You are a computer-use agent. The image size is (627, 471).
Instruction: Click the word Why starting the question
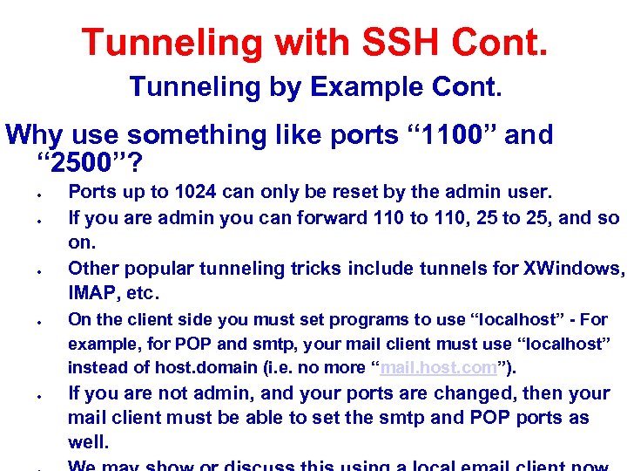35,135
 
